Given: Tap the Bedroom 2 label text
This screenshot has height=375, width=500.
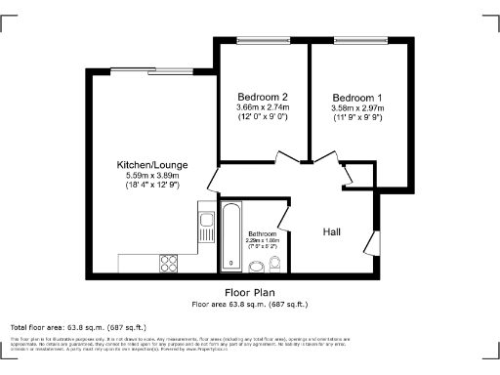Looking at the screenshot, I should (x=263, y=97).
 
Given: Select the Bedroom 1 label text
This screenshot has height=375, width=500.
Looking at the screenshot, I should (x=356, y=97).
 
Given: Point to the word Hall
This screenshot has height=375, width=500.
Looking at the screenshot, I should (x=332, y=231).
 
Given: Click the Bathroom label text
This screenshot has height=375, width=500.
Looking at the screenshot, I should (x=262, y=234).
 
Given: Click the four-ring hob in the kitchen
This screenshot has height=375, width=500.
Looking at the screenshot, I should (x=167, y=263).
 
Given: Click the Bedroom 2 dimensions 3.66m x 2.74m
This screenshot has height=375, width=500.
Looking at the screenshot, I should (x=263, y=107).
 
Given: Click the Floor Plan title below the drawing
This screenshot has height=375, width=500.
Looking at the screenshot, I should (x=249, y=291).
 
